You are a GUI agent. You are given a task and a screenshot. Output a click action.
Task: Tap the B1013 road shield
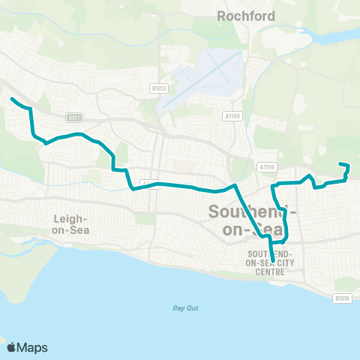[158, 88]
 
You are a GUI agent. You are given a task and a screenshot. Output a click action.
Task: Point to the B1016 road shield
[341, 298]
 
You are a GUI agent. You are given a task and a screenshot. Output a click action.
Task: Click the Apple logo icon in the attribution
[13, 347]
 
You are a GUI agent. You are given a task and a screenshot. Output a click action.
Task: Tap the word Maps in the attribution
[34, 347]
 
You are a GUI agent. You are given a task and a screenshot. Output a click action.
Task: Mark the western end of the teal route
[11, 98]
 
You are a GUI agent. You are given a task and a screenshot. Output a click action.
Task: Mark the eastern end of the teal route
[340, 164]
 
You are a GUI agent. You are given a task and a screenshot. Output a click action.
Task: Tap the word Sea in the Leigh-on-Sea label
[79, 230]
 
